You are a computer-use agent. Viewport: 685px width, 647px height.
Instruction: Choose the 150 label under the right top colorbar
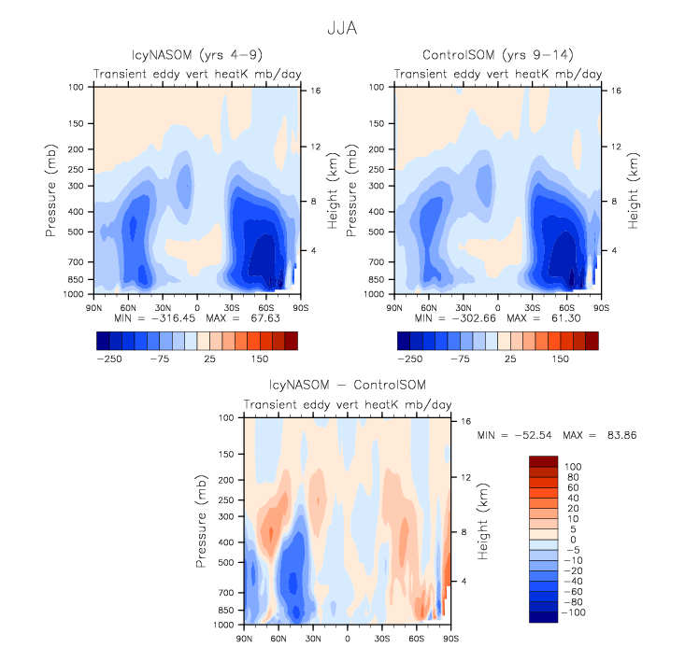point(560,358)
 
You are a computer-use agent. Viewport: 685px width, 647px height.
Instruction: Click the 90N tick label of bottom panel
point(244,640)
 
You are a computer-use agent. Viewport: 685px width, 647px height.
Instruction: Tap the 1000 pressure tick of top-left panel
point(77,293)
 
